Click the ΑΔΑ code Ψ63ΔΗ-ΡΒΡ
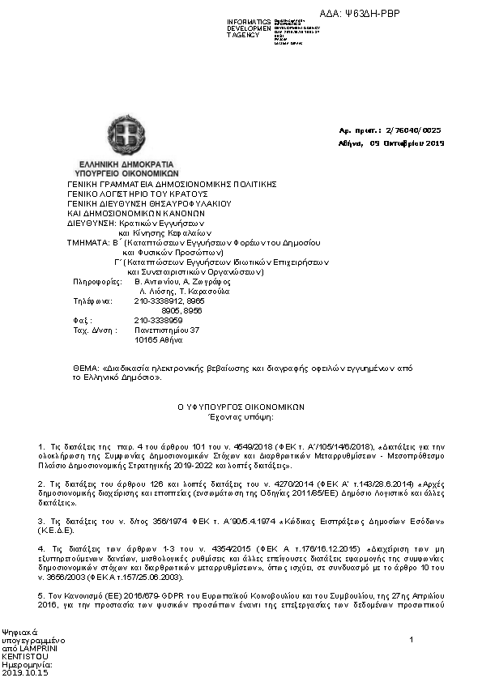point(372,14)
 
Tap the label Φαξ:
point(80,320)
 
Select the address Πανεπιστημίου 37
point(166,330)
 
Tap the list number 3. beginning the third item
point(41,521)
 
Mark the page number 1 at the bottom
point(412,641)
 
